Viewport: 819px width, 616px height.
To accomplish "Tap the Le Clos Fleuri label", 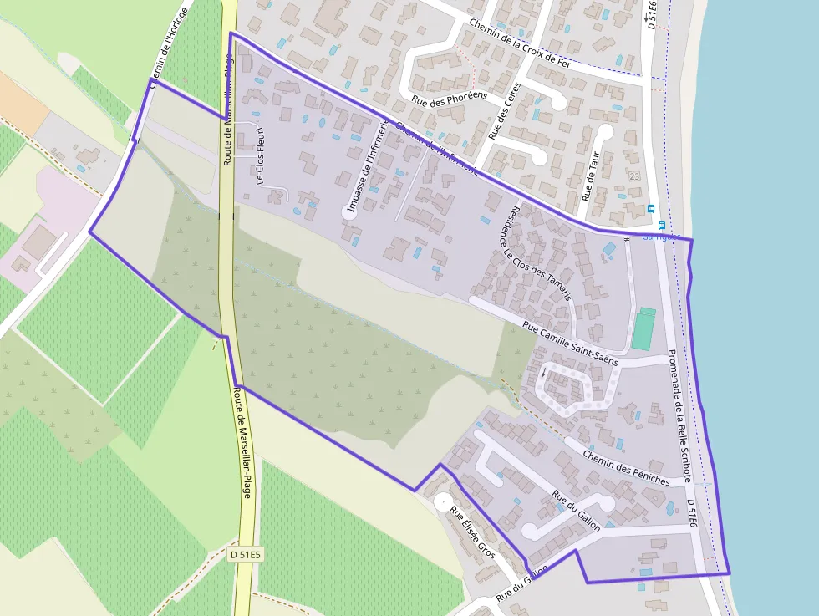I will tap(261, 155).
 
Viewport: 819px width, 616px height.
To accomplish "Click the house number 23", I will tap(634, 176).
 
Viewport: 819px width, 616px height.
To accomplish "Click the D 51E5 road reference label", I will tap(246, 554).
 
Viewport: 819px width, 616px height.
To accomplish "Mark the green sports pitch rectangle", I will tap(643, 328).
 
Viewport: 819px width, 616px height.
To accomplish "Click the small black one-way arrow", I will tap(543, 372).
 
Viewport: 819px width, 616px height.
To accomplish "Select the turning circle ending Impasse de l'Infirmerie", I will tap(348, 213).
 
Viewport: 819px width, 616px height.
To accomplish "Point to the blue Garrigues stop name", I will tap(656, 236).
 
